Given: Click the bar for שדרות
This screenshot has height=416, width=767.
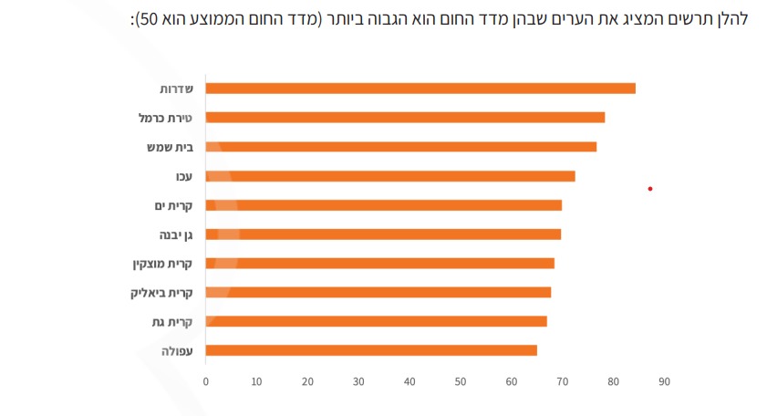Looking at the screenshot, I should [420, 88].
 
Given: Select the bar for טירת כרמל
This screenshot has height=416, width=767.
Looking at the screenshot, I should [405, 118].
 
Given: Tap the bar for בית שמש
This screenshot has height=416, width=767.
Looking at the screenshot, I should [401, 147].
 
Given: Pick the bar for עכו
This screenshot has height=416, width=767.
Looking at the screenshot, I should [390, 176].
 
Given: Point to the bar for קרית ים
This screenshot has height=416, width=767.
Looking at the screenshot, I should [383, 205].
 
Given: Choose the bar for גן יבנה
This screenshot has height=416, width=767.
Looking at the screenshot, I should [383, 234].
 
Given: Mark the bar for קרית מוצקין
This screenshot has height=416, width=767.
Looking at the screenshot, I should [379, 264].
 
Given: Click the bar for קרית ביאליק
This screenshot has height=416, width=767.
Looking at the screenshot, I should [378, 292].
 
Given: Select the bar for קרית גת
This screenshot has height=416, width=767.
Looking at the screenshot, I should [376, 321].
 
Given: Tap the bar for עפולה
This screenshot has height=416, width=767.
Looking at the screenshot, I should [371, 350].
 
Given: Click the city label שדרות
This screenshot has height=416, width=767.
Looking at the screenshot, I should [174, 88].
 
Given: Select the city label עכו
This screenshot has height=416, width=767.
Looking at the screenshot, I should [183, 176].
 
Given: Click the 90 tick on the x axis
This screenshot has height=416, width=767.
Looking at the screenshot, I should [664, 382].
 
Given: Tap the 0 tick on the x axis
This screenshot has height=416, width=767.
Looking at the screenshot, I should [206, 382].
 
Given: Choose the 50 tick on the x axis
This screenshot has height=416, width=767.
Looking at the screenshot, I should [461, 382].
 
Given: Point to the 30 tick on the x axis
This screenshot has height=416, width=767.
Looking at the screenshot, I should [358, 382].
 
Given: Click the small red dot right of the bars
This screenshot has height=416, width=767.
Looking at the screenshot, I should [650, 189].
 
